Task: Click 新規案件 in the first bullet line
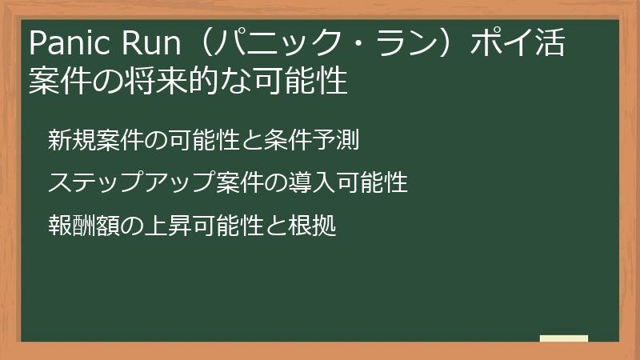pos(87,141)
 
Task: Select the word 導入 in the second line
pos(303,183)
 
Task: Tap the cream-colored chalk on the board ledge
pos(564,338)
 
